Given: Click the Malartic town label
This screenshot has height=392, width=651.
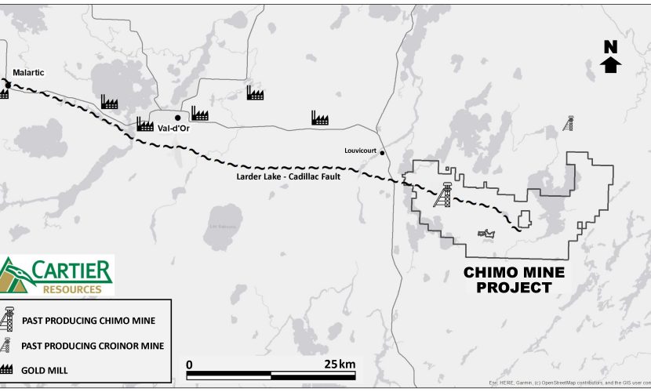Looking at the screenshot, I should click(29, 73).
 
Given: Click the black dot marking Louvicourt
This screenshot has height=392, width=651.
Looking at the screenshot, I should click(383, 154).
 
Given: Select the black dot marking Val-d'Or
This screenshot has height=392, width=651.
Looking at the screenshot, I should click(178, 118).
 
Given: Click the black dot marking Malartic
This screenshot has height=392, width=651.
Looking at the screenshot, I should click(9, 85).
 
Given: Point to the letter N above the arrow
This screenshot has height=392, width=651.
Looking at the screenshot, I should click(610, 46).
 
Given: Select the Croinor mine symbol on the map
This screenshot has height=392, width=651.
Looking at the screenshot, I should click(569, 124).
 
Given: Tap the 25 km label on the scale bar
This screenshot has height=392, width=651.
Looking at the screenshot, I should click(341, 364).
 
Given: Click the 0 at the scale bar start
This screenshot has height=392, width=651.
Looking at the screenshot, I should click(189, 364).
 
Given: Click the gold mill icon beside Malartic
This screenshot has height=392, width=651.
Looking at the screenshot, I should click(4, 93).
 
